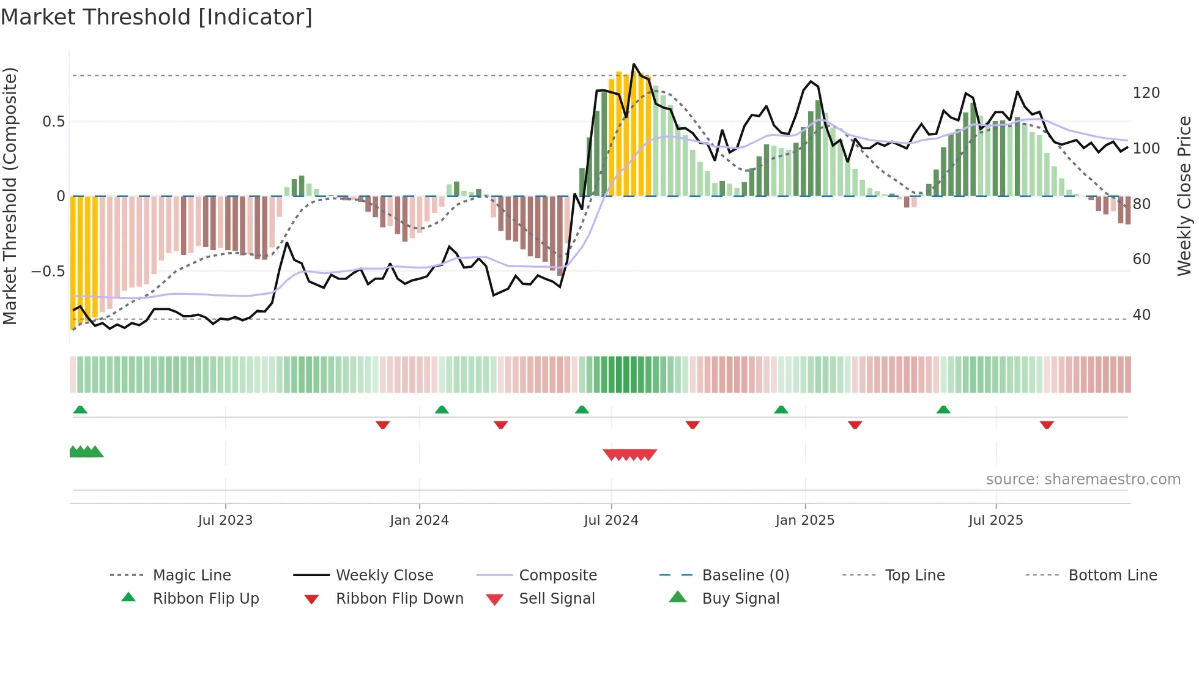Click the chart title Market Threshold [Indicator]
pos(157,17)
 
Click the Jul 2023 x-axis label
pos(225,520)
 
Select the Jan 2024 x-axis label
pos(419,520)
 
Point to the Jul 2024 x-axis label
pos(611,520)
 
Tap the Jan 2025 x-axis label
pos(804,520)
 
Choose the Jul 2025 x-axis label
pos(995,520)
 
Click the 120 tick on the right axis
pos(1146,93)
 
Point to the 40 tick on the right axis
pos(1141,315)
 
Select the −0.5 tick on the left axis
pos(48,271)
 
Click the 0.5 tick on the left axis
pos(54,122)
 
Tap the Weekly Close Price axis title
pos(1184,196)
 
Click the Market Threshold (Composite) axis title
pos(10,196)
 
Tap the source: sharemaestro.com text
pos(1083,480)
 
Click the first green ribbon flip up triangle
pos(80,410)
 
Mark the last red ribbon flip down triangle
pos(1047,424)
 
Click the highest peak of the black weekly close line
pos(634,64)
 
